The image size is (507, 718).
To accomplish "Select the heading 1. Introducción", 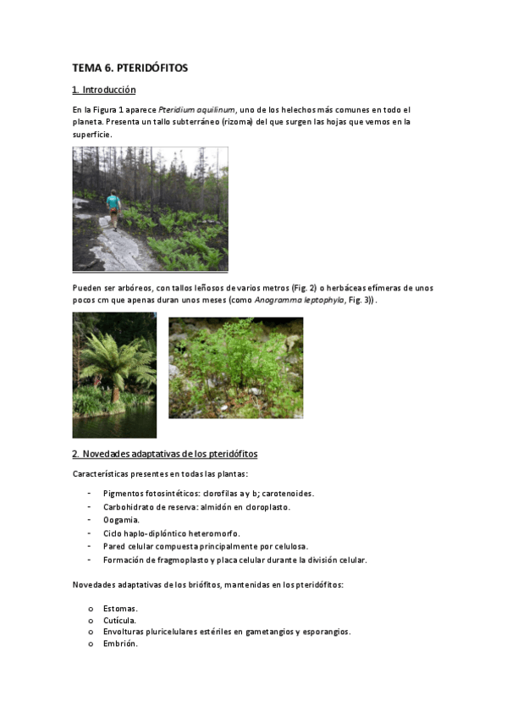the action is click(104, 90).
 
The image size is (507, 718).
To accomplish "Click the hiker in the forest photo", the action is click(113, 208).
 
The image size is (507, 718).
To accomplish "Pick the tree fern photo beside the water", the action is click(114, 374).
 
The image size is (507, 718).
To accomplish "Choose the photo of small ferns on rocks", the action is click(235, 367).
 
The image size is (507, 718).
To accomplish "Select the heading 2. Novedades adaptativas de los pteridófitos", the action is click(165, 454).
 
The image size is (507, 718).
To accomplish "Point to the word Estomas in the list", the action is click(120, 608).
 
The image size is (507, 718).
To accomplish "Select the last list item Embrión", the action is click(120, 643).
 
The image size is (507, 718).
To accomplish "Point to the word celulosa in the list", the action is click(289, 546).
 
